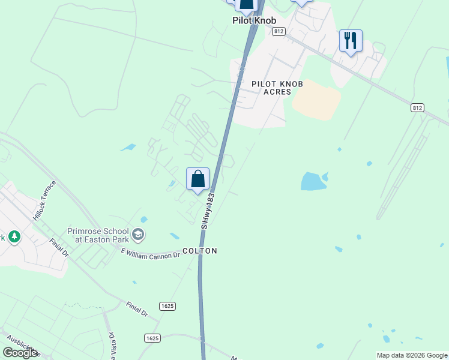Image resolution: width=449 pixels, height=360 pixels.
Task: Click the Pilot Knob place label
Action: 254,20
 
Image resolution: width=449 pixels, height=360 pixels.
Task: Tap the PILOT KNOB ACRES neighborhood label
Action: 277,88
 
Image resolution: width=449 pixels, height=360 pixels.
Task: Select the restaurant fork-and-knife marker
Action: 351,41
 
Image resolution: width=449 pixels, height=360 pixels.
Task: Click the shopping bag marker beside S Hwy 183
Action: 197,179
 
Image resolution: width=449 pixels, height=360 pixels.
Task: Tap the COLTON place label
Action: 199,251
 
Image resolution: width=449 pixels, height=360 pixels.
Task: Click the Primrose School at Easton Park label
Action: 98,235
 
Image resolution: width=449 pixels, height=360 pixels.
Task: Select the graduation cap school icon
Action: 139,233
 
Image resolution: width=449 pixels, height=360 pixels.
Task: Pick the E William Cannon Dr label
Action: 151,254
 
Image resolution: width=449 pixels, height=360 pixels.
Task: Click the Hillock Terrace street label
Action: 45,200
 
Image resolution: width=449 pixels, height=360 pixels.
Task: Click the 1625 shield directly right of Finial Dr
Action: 167,306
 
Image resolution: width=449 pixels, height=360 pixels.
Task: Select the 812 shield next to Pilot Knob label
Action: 277,31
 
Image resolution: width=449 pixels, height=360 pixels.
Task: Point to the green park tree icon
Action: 13,237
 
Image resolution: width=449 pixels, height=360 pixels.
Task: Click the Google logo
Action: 20,353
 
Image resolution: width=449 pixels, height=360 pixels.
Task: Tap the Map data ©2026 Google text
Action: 412,355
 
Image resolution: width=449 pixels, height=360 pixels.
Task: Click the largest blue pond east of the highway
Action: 312,181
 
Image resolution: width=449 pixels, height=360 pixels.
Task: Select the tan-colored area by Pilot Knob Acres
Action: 316,100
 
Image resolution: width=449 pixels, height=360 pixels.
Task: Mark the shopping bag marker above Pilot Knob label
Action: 246,5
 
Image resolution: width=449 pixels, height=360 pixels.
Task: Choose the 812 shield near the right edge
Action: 418,107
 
